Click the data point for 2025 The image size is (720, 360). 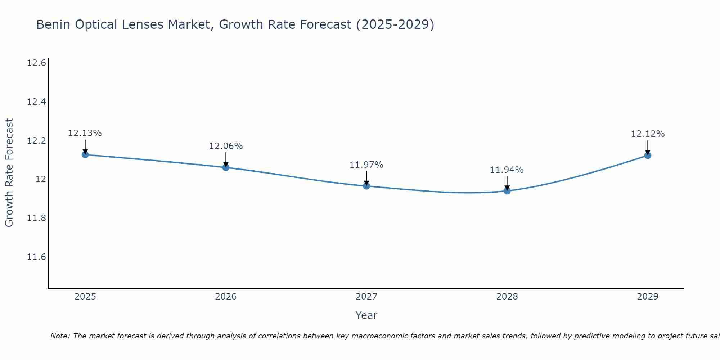(x=85, y=155)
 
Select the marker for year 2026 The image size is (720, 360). (x=226, y=167)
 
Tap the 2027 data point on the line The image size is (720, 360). (x=366, y=186)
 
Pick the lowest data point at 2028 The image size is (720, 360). (x=507, y=191)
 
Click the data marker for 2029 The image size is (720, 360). (x=648, y=156)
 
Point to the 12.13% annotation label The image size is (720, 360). (x=85, y=133)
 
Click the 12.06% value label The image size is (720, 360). (x=226, y=146)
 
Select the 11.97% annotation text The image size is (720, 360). (x=366, y=165)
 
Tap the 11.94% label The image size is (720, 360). (x=507, y=170)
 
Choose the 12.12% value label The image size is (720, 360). (x=648, y=134)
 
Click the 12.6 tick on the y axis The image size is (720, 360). (x=36, y=63)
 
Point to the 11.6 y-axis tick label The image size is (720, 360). (x=36, y=257)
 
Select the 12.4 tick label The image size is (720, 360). (x=36, y=102)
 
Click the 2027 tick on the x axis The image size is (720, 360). (x=366, y=297)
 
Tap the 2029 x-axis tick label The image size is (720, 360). (x=648, y=297)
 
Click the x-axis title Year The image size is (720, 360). (x=366, y=315)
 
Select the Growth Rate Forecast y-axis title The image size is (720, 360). (x=9, y=173)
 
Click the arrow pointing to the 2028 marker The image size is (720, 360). (x=507, y=183)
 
